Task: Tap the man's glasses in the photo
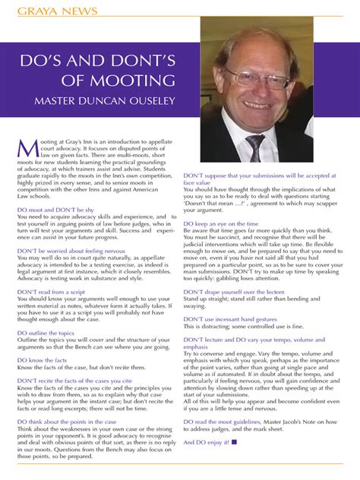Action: [x=258, y=77]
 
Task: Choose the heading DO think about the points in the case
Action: [x=67, y=421]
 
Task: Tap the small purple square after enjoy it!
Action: [x=234, y=441]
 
